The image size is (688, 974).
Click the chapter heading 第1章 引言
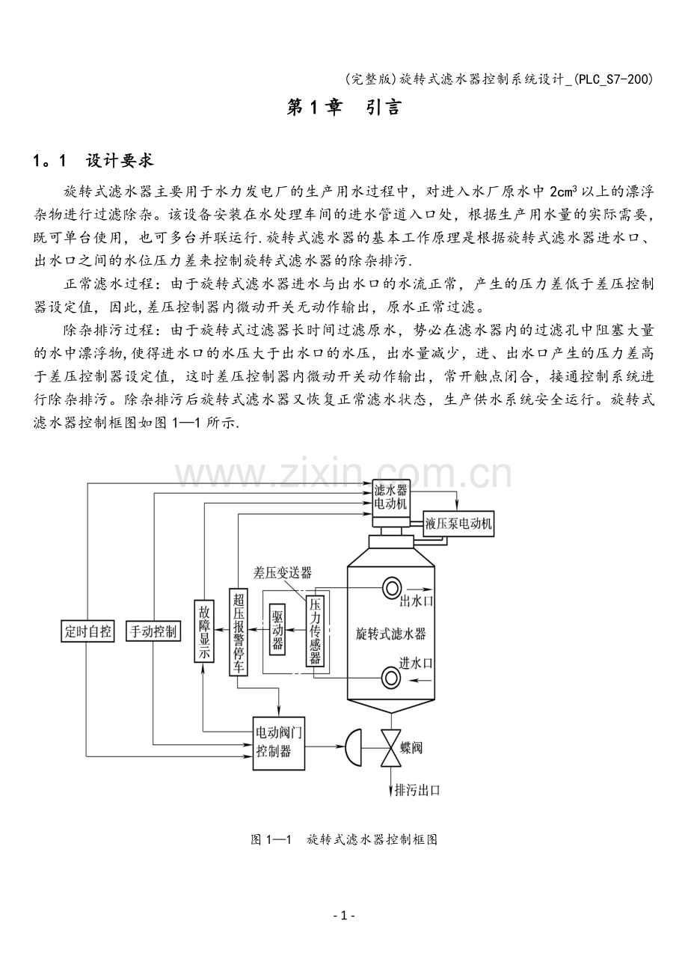coord(343,108)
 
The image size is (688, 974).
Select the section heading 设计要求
coord(120,161)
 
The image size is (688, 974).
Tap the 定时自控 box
coord(87,631)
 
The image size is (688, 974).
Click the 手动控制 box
coord(153,631)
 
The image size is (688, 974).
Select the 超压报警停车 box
coord(238,632)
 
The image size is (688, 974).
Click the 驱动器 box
coord(277,629)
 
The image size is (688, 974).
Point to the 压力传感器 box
coord(315,631)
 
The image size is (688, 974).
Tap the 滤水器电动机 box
coord(390,498)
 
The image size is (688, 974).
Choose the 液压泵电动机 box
coord(458,524)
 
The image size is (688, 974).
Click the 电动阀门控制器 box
coord(279,744)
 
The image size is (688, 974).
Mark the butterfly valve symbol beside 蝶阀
coord(390,748)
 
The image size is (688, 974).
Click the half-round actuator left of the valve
coord(353,747)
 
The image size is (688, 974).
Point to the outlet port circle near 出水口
coord(392,588)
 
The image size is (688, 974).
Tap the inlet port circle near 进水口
coord(390,678)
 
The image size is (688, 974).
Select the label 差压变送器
coord(283,572)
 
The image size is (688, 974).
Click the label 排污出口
coord(417,790)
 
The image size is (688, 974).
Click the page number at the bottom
coord(344,916)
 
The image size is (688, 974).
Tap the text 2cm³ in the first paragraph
coord(563,192)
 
